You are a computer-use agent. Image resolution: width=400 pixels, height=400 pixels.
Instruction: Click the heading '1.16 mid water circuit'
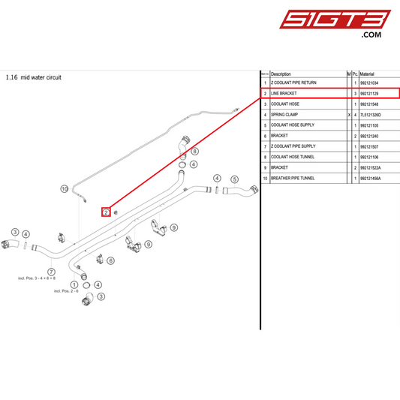pos(33,77)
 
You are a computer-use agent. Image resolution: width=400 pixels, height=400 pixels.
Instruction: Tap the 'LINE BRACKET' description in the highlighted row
pos(285,94)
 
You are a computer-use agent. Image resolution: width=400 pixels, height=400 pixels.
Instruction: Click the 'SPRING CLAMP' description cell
pos(284,115)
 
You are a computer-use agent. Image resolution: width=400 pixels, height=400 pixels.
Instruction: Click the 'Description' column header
pos(281,74)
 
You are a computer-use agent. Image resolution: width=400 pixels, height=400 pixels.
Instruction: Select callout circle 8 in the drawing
pos(194,152)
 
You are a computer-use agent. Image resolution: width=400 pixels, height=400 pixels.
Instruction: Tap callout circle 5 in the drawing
pos(234,179)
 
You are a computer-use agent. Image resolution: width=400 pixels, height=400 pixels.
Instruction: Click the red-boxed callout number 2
pos(107,212)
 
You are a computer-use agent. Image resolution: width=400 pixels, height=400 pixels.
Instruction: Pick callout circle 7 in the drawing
pos(51,271)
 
